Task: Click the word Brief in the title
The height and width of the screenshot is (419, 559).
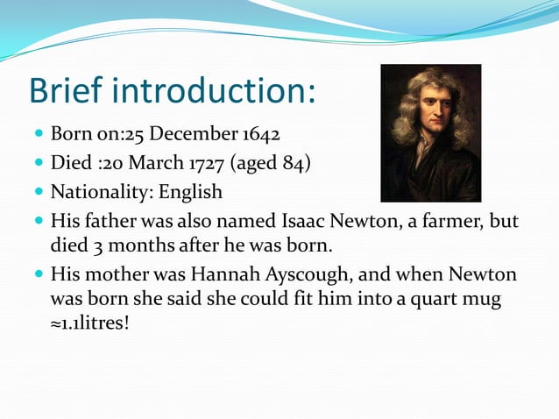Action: pos(69,91)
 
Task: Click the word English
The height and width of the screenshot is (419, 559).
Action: pos(190,191)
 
